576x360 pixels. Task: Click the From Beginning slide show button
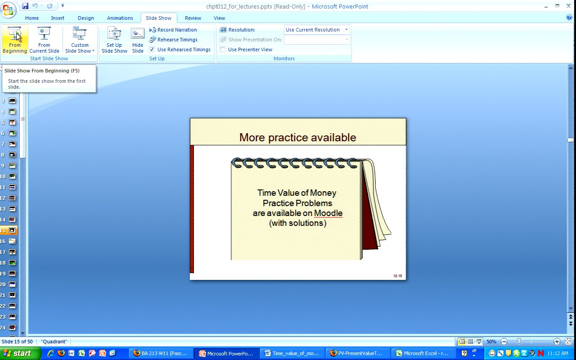[x=15, y=40]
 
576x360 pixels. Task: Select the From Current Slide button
[x=44, y=40]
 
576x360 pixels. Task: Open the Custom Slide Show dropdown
[x=80, y=40]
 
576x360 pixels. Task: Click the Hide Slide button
[x=138, y=40]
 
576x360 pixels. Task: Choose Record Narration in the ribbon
[x=173, y=30]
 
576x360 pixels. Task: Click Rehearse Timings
[x=173, y=40]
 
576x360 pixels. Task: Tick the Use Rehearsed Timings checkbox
[x=152, y=49]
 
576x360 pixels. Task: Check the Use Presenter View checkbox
[x=223, y=49]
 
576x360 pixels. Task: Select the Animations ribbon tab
[x=120, y=18]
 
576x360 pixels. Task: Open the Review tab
[x=193, y=18]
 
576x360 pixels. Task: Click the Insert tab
[x=58, y=18]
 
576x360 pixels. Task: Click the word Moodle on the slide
[x=328, y=213]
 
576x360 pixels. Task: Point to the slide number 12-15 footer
[x=397, y=276]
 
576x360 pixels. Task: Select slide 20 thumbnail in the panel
[x=12, y=284]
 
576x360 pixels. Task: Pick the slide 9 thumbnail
[x=12, y=166]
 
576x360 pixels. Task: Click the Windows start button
[x=20, y=353]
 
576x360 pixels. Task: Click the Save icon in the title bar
[x=25, y=6]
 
